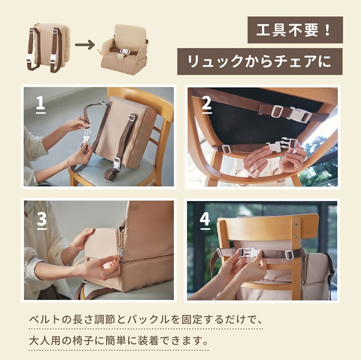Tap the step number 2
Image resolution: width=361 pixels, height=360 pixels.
coord(206,104)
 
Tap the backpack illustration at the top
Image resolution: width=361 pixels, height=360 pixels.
coord(48,47)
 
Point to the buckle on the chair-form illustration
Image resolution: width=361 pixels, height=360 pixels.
coord(125,51)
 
